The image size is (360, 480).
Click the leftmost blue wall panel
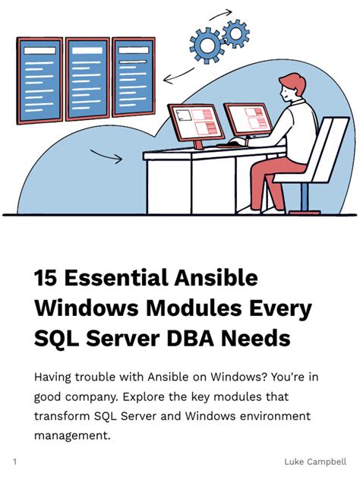[x=39, y=81]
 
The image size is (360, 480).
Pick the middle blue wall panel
[x=87, y=79]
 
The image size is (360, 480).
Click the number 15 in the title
[x=46, y=278]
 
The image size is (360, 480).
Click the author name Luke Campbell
[x=316, y=461]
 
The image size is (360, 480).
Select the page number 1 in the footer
[x=14, y=461]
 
